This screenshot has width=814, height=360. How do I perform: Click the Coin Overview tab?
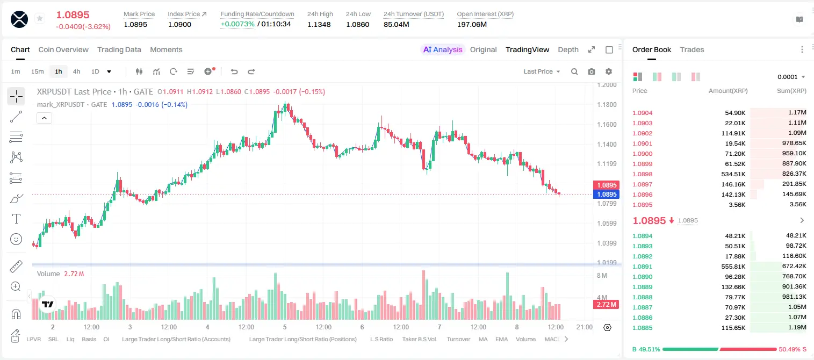pos(63,49)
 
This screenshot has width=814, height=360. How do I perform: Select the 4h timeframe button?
pos(76,71)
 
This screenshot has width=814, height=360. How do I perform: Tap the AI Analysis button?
pos(443,49)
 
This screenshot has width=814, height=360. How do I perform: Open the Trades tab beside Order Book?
pos(692,49)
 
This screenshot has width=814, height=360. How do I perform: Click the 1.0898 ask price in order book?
pos(643,174)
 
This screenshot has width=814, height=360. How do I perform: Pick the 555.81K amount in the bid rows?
pos(733,267)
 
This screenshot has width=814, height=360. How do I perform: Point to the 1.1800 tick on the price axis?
pos(607,105)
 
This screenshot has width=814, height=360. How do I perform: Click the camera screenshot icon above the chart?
pos(592,71)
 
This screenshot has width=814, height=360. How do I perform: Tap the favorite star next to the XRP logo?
pos(40,18)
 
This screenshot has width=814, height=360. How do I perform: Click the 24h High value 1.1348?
pos(319,24)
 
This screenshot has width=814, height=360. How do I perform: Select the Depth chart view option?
pos(568,49)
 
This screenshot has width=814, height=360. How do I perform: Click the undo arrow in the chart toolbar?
pos(234,71)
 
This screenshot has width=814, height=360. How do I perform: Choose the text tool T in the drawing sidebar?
pos(16,219)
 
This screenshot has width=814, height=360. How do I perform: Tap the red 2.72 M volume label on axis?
pos(606,305)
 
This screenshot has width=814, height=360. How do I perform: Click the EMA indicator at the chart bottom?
pos(501,339)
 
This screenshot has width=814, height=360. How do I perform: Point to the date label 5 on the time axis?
pos(285,327)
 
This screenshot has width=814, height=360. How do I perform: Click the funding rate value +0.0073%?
pos(237,24)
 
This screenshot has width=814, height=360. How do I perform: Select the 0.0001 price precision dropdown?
pos(791,77)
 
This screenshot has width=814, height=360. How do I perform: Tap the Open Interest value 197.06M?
pos(472,24)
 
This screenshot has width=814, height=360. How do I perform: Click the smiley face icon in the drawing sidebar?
pos(16,239)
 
